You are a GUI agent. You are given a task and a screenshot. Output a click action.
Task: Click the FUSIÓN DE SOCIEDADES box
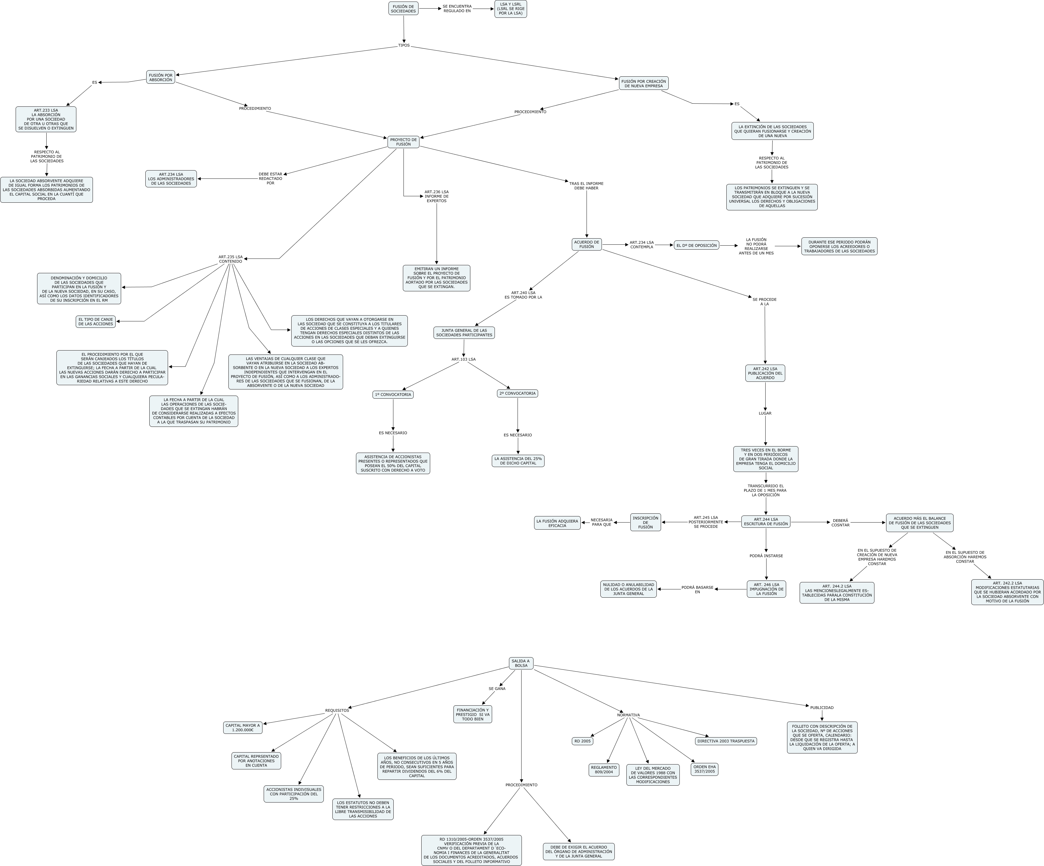403,9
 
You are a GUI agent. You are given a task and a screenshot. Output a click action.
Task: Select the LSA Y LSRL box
511,9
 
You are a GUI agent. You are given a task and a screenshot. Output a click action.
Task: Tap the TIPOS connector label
404,46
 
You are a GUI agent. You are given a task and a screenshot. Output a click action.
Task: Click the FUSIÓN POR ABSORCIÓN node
161,77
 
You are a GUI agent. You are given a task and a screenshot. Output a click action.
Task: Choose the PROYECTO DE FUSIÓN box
403,142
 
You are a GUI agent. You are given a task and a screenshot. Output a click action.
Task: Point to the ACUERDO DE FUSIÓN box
587,244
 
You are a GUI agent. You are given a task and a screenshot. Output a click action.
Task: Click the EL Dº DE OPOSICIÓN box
697,245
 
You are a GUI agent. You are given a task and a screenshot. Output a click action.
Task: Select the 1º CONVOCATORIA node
393,394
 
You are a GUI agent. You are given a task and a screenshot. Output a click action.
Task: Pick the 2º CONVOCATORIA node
517,393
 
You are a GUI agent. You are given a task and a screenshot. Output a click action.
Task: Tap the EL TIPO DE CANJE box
95,322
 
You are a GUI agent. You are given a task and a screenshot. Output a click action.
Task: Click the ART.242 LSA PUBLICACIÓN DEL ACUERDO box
765,373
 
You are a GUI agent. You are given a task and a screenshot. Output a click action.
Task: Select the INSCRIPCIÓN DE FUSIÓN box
645,522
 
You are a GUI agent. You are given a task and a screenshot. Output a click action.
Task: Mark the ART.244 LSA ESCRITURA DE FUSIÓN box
766,522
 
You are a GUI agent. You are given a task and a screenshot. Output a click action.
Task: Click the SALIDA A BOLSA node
521,663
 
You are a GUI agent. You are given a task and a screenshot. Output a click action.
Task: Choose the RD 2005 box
582,741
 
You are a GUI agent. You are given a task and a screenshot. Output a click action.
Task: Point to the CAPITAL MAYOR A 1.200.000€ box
243,727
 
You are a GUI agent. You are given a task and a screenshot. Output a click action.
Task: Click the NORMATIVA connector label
628,715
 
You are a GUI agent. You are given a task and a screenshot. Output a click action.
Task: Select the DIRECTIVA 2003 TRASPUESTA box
726,741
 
